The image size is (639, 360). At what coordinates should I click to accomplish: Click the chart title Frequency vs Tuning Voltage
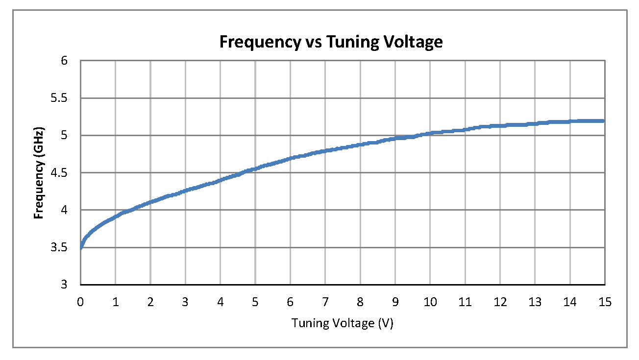tap(331, 42)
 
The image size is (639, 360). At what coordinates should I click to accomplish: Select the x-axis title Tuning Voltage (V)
tap(343, 324)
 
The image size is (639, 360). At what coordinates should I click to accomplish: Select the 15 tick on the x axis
tap(605, 303)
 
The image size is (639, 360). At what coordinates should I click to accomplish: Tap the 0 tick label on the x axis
tap(80, 303)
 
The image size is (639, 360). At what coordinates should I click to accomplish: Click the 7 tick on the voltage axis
tap(325, 303)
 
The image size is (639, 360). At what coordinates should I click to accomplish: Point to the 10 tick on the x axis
tap(430, 303)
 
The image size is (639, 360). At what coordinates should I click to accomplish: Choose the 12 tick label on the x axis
tap(500, 303)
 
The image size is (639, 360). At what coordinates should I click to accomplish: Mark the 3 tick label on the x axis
tap(185, 303)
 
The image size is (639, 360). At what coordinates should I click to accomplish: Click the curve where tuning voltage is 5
tap(255, 169)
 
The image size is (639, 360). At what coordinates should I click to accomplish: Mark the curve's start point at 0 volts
tap(81, 247)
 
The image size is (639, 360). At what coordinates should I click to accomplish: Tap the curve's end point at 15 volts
tap(604, 121)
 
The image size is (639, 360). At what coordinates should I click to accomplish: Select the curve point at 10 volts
tap(430, 133)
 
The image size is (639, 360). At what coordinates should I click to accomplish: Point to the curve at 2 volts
tap(150, 202)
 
